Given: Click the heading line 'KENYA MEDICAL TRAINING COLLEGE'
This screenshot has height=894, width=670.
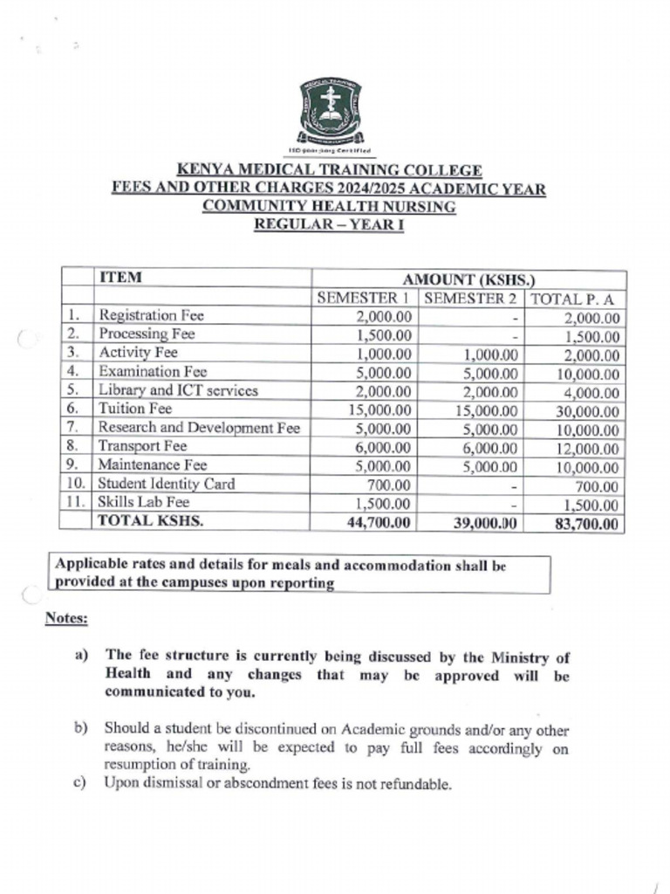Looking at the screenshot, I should pyautogui.click(x=329, y=170).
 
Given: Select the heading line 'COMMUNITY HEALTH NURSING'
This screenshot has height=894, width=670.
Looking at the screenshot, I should pyautogui.click(x=329, y=207).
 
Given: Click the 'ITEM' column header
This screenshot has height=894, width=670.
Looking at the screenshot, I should pyautogui.click(x=120, y=278).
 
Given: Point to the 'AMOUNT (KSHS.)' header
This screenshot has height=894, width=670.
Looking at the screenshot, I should pyautogui.click(x=468, y=279).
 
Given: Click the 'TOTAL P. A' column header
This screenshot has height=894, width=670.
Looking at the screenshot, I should pyautogui.click(x=573, y=299).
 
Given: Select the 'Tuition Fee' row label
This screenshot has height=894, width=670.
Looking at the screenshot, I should pyautogui.click(x=134, y=409).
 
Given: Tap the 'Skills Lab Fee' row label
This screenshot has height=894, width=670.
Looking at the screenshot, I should pyautogui.click(x=143, y=503).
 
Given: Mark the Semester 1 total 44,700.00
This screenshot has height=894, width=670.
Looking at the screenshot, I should pyautogui.click(x=376, y=523).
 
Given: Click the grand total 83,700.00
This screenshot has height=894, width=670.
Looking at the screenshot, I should pyautogui.click(x=585, y=524).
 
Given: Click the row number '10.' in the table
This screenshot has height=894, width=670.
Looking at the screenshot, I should pyautogui.click(x=75, y=484).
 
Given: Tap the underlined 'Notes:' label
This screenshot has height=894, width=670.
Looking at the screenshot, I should pyautogui.click(x=66, y=619).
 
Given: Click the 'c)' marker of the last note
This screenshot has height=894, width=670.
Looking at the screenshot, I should pyautogui.click(x=80, y=783).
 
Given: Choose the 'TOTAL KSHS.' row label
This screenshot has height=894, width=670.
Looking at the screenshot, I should pyautogui.click(x=143, y=521).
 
